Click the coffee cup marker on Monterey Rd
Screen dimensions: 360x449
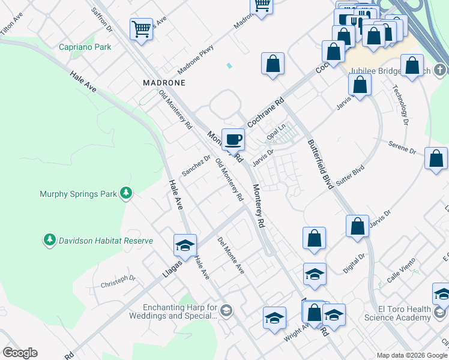[234, 140]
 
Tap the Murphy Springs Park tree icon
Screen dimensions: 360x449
[126, 193]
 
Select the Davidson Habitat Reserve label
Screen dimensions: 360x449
[105, 241]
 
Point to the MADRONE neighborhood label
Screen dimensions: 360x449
[163, 82]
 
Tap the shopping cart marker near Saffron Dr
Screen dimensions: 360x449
[141, 28]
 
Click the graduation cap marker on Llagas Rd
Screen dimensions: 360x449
[185, 244]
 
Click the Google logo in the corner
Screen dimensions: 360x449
[20, 353]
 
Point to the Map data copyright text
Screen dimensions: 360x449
[412, 355]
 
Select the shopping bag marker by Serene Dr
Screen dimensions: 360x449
[436, 158]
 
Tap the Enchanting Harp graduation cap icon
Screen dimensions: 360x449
[226, 310]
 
